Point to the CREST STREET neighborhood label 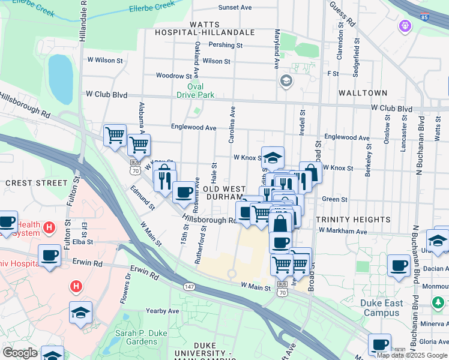pyautogui.click(x=36, y=182)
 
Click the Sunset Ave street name pyautogui.click(x=235, y=7)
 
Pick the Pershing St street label pyautogui.click(x=225, y=45)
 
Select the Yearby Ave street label pyautogui.click(x=162, y=311)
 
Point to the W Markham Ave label pyautogui.click(x=343, y=231)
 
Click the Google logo pyautogui.click(x=20, y=353)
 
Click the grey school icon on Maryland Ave pyautogui.click(x=286, y=81)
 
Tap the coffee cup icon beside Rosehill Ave pyautogui.click(x=184, y=192)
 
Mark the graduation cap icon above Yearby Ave pyautogui.click(x=80, y=312)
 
